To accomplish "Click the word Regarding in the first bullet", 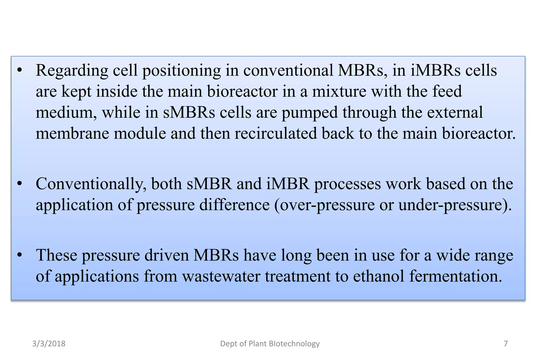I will (72, 71).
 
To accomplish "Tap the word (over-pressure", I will (324, 205).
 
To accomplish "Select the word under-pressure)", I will (455, 205).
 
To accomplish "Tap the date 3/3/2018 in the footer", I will (49, 344).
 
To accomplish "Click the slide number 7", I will (505, 344).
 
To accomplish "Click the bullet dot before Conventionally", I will (20, 184).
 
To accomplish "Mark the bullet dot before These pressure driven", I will (20, 255).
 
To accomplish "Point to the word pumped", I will (310, 113).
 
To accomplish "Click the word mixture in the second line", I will (339, 92).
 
